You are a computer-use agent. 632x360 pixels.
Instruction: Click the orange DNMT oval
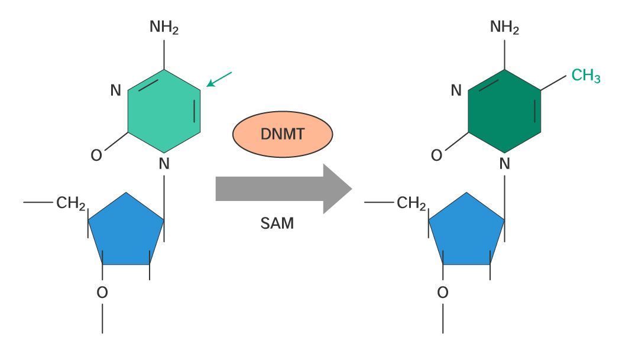[x=282, y=134]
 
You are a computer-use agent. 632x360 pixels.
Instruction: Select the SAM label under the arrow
[x=277, y=224]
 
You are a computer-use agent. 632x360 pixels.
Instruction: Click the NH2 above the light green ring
[x=164, y=27]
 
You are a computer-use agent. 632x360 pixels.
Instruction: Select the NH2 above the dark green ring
[x=504, y=27]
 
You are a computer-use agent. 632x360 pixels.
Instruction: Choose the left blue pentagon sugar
[x=126, y=231]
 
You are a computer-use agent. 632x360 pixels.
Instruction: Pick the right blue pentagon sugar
[x=466, y=231]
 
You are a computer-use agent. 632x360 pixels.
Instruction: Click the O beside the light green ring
[x=96, y=155]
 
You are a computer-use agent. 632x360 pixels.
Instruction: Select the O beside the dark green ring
[x=436, y=155]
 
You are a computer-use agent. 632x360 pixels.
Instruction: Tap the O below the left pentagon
[x=102, y=292]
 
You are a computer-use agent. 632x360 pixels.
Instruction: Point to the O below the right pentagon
[x=443, y=292]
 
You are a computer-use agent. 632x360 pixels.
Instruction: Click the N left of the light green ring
[x=116, y=91]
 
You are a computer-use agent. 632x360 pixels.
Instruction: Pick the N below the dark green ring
[x=504, y=163]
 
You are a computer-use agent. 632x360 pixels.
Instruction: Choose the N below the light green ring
[x=164, y=163]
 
